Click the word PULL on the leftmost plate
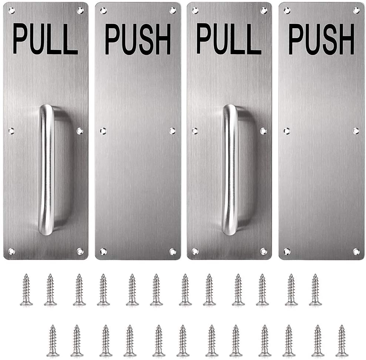[45, 39]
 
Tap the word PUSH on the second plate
[138, 39]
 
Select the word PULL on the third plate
[229, 39]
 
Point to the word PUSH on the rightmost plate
[321, 39]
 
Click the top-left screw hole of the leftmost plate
[11, 10]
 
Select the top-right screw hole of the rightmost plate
[356, 10]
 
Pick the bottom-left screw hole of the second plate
[103, 251]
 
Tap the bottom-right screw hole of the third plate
[263, 251]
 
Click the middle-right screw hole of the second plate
[172, 131]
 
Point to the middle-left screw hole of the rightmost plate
[286, 131]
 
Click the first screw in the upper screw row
[26, 290]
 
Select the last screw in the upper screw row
[315, 290]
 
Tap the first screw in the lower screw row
[53, 341]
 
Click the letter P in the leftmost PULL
[20, 39]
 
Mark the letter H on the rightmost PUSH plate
[347, 39]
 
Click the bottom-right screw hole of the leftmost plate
[80, 251]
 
